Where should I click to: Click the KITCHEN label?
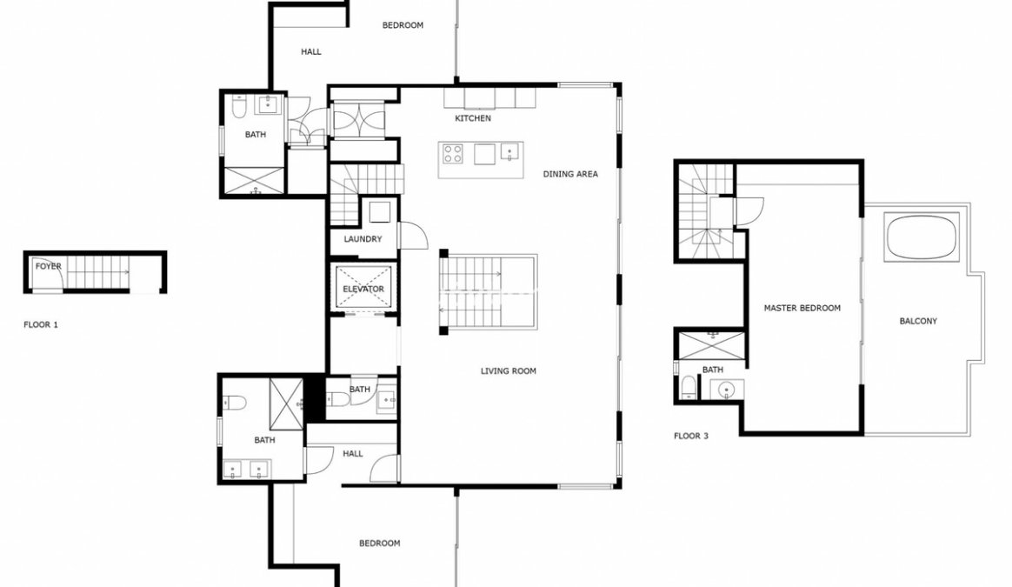point(472,118)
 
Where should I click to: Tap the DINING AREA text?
point(569,174)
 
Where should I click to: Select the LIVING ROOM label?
point(508,370)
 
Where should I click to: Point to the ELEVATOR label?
point(363,289)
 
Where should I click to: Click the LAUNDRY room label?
point(363,239)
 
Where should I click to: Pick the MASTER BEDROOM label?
point(802,308)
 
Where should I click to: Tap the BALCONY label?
point(918,321)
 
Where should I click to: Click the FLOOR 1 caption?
point(41,325)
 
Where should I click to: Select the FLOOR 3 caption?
point(690,436)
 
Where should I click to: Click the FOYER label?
point(49,266)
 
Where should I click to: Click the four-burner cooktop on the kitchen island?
point(452,154)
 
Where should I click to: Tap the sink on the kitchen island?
point(509,154)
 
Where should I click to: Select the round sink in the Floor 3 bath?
point(727,390)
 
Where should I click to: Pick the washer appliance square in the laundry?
point(379,212)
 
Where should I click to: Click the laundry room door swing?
point(414,235)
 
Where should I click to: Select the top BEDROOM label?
point(403,25)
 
